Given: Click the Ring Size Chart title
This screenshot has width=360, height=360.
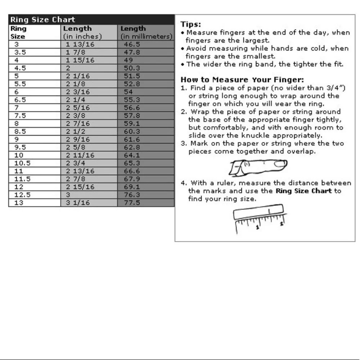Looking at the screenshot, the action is pos(43,20).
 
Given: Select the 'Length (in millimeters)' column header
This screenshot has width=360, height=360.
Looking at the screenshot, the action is pos(146,32).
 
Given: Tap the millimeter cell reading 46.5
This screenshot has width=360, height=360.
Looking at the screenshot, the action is pos(132,44).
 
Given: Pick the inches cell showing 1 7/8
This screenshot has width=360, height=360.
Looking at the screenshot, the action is pos(75,52).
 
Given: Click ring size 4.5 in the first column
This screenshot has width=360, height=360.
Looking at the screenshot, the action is pos(20,68).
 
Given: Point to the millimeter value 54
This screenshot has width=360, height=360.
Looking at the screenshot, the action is pos(128,92).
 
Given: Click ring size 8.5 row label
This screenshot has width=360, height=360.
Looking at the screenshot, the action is pos(20,131).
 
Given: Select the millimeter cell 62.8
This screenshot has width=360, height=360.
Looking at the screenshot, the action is pos(132,147).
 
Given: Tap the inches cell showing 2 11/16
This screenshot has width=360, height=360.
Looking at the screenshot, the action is pos(80,155).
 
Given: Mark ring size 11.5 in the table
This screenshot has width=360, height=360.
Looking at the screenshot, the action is pos(22,179).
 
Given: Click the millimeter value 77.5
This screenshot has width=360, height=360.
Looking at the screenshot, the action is pos(132,203).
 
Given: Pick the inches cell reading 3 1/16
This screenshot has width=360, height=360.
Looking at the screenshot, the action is pos(78,203).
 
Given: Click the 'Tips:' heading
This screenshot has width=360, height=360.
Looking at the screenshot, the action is pos(190,24).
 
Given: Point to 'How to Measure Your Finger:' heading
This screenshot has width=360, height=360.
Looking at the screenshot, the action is pos(242,80).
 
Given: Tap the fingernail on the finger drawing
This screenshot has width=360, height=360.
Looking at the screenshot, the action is pos(280,164).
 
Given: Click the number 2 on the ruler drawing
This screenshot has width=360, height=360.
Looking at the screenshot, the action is pos(282,223).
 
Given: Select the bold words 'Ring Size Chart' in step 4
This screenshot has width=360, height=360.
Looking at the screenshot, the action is pos(303,191).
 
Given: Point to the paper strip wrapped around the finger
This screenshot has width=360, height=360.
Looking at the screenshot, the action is pos(237,168).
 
